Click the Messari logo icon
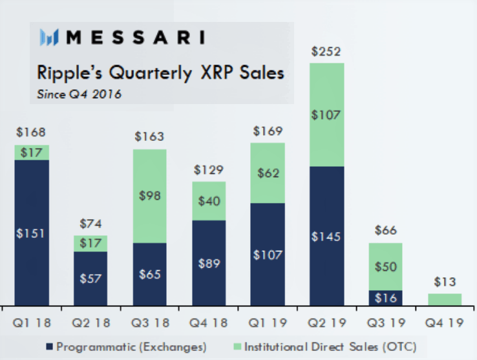pos(49,37)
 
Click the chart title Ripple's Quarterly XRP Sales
pos(160,73)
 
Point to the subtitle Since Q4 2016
pos(79,94)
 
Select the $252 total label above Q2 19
pos(326,52)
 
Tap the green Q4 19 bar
pos(445,299)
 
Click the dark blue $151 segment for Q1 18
pos(32,233)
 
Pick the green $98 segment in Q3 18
pos(150,196)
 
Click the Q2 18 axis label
pos(90,323)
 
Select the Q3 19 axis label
pos(386,323)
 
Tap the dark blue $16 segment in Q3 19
pos(385,298)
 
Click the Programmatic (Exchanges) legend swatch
pos(50,346)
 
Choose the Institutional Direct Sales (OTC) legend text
pos(330,347)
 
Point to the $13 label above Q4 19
pos(445,282)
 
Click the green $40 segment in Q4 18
pos(209,201)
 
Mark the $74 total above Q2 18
pos(90,224)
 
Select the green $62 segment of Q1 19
pos(268,173)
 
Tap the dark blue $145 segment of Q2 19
pos(327,236)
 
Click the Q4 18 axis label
pos(208,323)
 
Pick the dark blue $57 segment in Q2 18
pos(90,279)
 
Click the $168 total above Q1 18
pos(31,132)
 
